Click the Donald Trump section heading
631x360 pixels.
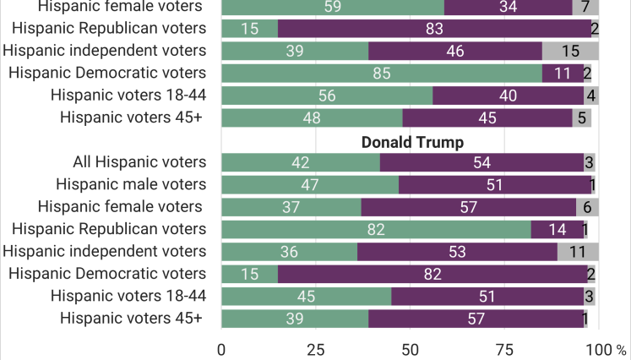412,143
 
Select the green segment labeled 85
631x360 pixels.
382,74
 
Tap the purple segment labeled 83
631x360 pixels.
435,29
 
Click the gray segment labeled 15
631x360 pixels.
570,52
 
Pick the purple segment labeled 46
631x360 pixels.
455,52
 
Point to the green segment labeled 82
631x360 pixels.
376,230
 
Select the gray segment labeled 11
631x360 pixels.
578,252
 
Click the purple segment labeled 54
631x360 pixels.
481,163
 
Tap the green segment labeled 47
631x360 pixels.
310,185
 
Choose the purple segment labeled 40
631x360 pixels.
509,95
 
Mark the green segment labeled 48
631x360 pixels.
312,118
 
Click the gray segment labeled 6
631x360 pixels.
588,207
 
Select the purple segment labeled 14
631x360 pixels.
558,230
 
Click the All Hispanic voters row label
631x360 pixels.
139,162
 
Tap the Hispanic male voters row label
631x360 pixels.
131,184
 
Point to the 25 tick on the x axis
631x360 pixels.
316,350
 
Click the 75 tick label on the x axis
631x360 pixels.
504,350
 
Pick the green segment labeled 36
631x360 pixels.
290,252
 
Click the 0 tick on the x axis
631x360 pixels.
221,350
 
